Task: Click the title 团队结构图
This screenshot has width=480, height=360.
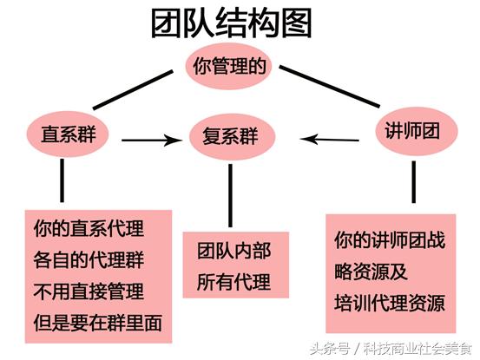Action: [x=232, y=23]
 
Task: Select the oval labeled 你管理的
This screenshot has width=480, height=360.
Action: [x=229, y=67]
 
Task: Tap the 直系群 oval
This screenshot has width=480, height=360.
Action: [x=68, y=134]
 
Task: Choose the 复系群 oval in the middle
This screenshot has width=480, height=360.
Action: [x=232, y=136]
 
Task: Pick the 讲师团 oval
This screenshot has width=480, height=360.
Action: [x=416, y=131]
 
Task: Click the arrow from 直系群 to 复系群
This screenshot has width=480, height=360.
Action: [x=152, y=140]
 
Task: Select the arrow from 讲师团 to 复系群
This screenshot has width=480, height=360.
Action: [x=329, y=140]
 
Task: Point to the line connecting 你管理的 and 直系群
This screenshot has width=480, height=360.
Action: [x=133, y=90]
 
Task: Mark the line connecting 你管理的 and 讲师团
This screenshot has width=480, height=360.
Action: [x=329, y=86]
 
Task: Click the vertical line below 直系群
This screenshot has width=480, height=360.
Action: [x=62, y=180]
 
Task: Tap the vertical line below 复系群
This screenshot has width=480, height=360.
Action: [x=230, y=195]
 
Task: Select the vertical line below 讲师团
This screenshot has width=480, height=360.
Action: [x=413, y=182]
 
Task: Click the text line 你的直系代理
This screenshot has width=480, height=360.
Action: [x=89, y=228]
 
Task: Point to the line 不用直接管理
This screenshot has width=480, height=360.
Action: [x=89, y=291]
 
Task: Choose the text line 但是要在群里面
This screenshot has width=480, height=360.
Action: [x=98, y=323]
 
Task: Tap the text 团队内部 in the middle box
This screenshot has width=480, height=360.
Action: [x=234, y=251]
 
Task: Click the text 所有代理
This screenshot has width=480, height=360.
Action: [x=234, y=282]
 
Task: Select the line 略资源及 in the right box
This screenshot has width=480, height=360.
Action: [x=371, y=272]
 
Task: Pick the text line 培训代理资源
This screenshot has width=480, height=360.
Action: [x=390, y=303]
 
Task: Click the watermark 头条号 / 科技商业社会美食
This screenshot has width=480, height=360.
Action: [x=391, y=349]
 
